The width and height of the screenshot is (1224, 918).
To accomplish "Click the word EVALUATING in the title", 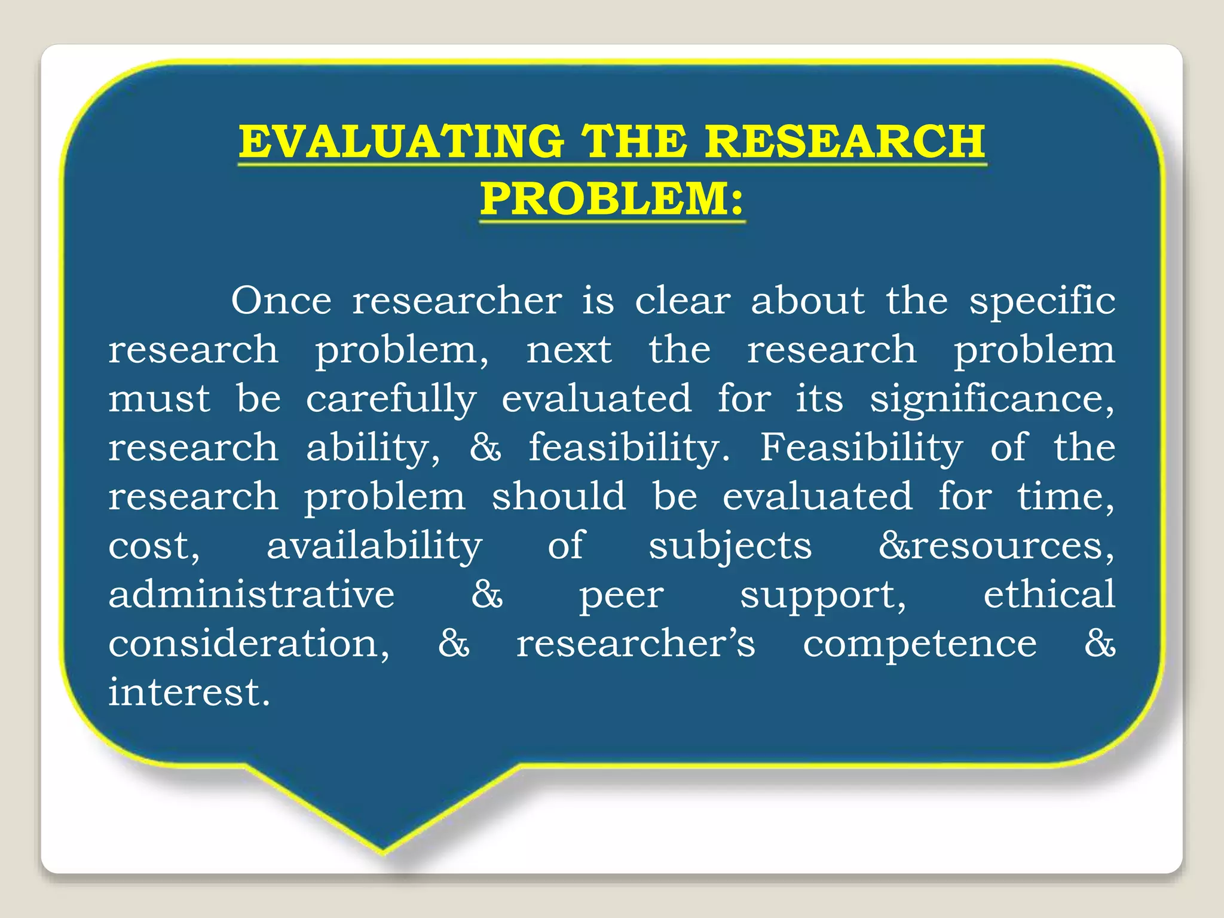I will point(401,142).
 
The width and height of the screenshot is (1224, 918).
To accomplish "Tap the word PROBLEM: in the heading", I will point(612,198).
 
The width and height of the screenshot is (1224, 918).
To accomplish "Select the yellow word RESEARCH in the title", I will point(845,142).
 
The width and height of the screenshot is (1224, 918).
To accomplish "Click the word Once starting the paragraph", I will point(281,300).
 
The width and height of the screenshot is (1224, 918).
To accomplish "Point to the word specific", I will point(1042,300).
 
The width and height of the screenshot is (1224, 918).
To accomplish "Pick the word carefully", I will point(391,399).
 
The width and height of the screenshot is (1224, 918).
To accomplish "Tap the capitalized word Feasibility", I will point(861,448).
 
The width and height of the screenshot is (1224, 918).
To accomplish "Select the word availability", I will point(374,546).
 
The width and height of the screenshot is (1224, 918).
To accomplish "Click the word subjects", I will point(730,546).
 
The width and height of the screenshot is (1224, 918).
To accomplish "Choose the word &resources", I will point(996,546).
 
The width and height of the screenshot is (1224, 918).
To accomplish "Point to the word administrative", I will point(252,594).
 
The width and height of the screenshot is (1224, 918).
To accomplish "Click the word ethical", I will point(1049,594).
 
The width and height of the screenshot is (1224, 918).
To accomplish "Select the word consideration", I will point(249,644).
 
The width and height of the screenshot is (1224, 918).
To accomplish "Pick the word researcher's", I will point(636,644).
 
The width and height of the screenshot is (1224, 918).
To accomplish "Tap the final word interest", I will point(189,693).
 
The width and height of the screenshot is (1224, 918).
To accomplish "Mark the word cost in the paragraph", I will point(153,546).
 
